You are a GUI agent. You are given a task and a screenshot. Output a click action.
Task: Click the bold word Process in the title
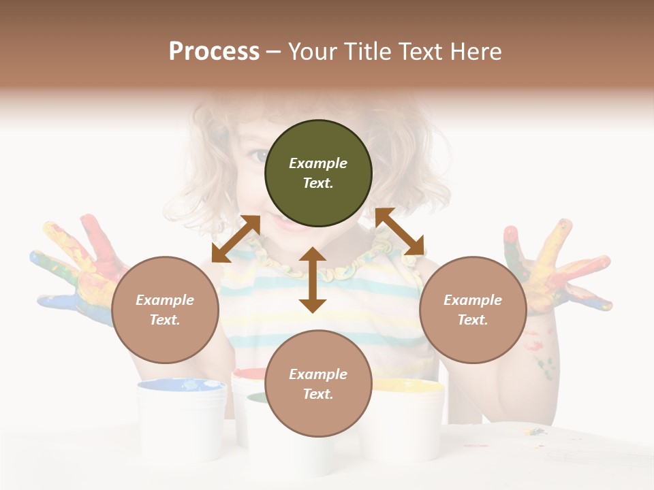point(214,51)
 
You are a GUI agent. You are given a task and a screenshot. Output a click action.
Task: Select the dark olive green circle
point(318,173)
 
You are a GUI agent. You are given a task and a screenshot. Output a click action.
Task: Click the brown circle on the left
point(165,310)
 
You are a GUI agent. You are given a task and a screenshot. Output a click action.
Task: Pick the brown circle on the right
point(473,310)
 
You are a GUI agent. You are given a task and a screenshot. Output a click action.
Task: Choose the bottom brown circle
point(318,384)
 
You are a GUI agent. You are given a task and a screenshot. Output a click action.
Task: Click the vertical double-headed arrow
point(313,280)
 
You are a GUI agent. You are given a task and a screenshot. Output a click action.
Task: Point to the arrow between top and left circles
point(236,239)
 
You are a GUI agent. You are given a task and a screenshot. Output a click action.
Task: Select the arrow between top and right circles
point(400,231)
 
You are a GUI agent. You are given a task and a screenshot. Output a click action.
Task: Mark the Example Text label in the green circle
point(318,173)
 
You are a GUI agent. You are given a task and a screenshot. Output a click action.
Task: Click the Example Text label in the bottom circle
point(318,384)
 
